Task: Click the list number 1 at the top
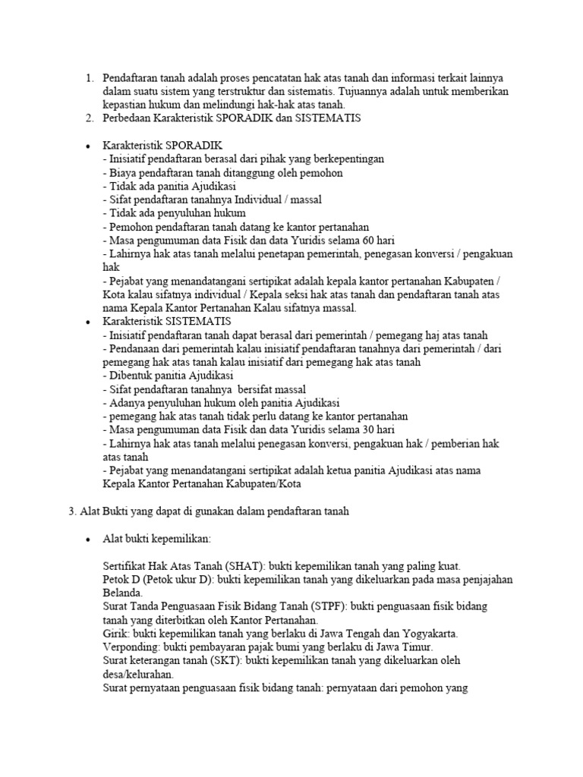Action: tap(88, 78)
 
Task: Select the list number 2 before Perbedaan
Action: tap(88, 118)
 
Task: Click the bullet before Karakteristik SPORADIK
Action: tap(88, 145)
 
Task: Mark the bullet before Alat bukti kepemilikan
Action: tap(88, 539)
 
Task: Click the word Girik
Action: tap(115, 634)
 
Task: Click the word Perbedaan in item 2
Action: tap(128, 118)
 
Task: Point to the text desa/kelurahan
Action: tap(137, 675)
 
